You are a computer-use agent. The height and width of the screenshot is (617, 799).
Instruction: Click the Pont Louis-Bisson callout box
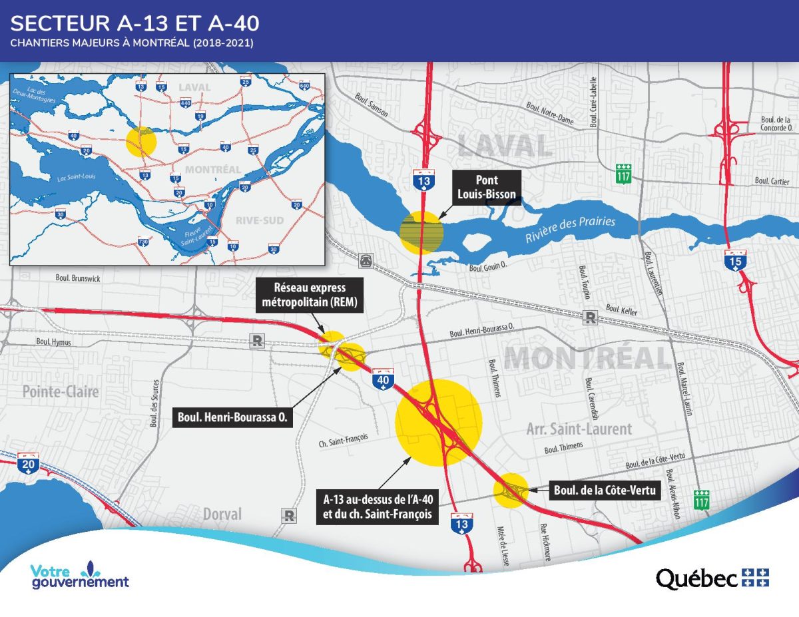click(487, 187)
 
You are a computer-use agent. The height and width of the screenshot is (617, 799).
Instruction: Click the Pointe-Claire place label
click(61, 391)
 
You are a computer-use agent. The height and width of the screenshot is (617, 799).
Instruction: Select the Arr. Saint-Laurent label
click(587, 429)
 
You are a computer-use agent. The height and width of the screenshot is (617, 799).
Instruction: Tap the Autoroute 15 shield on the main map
click(734, 262)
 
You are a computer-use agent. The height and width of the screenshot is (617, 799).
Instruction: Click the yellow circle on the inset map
click(141, 141)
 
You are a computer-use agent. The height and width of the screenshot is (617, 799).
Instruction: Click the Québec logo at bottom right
click(712, 578)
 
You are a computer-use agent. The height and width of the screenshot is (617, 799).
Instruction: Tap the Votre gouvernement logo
click(79, 576)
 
